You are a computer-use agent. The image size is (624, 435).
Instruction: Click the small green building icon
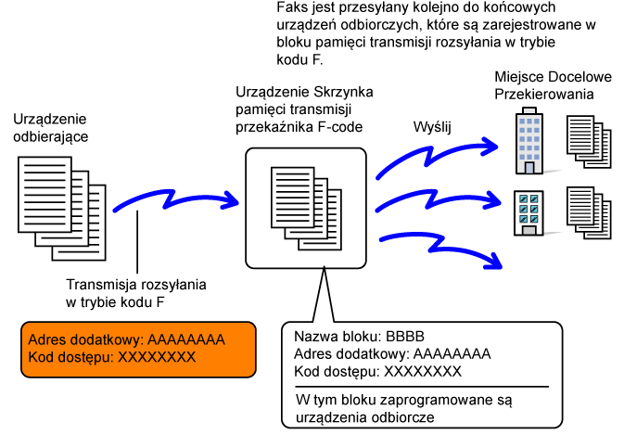[528, 211]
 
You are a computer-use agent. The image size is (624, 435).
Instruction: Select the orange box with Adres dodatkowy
[138, 348]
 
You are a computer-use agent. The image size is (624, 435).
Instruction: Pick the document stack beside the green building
[588, 212]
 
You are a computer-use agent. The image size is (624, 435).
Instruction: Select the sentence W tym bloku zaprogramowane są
[404, 401]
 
